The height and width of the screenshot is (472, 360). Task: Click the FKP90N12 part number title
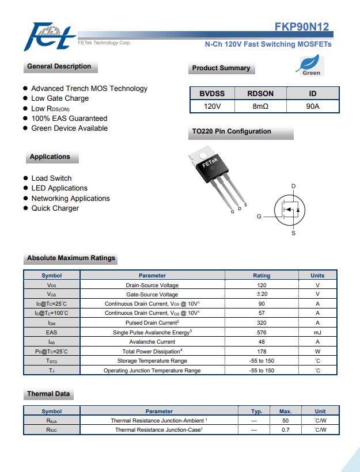(302, 26)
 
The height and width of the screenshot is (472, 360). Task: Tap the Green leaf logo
(311, 66)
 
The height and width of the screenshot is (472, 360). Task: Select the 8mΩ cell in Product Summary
(260, 106)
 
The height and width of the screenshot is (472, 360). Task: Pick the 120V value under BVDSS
(212, 106)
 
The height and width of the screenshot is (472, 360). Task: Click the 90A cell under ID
(313, 106)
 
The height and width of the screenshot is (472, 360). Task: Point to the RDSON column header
(260, 93)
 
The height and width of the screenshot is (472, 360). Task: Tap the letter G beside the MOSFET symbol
(259, 216)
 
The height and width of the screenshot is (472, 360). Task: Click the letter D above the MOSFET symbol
(293, 186)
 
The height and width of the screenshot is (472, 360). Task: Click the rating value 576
(262, 332)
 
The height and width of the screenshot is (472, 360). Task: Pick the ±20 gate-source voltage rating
(262, 294)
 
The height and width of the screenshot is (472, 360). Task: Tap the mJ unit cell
(317, 332)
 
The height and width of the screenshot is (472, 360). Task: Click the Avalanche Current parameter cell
(152, 342)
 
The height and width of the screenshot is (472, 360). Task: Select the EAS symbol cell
(52, 332)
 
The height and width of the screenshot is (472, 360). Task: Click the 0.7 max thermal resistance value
(285, 430)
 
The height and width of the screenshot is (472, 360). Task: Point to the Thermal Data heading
(48, 394)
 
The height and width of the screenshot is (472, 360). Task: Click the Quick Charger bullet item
(55, 208)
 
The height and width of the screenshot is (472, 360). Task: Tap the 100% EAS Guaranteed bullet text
(69, 119)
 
